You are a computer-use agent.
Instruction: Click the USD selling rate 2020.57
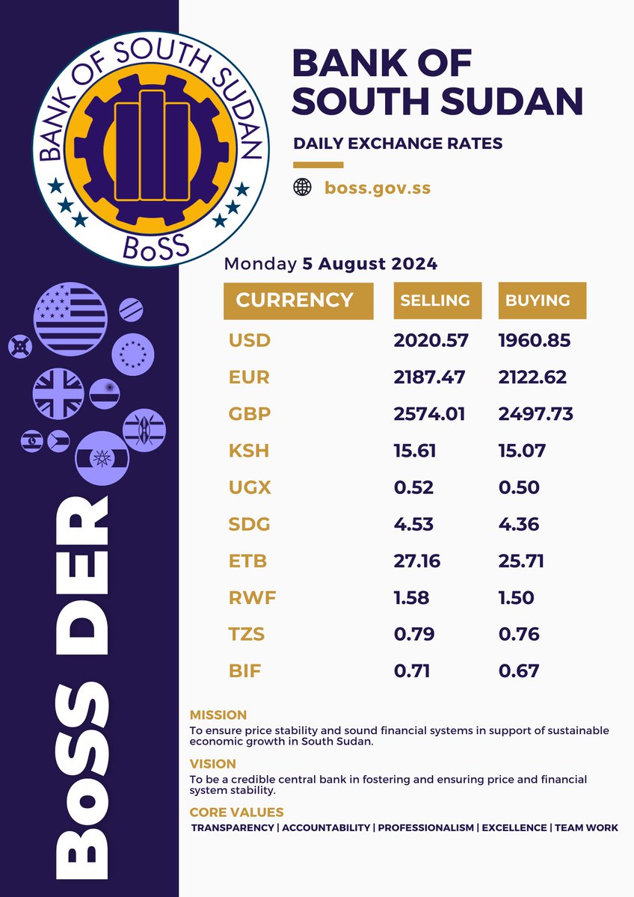431,341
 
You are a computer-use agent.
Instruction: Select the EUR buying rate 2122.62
532,377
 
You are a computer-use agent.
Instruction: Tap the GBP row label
250,414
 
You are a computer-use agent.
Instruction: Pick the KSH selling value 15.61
415,451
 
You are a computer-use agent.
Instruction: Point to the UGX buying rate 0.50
519,487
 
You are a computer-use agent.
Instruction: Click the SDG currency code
250,524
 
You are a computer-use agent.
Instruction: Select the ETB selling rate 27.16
416,561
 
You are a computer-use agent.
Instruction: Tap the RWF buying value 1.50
517,597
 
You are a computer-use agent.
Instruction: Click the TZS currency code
247,634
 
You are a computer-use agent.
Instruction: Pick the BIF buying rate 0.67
518,671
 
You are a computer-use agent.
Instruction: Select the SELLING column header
435,300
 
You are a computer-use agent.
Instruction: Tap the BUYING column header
538,300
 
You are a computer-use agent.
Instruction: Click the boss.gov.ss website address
378,188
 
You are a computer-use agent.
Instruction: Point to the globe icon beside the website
302,188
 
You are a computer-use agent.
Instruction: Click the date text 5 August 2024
369,264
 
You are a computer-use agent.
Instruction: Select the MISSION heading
218,715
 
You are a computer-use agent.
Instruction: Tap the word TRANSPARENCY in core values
234,827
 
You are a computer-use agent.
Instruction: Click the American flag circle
71,319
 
